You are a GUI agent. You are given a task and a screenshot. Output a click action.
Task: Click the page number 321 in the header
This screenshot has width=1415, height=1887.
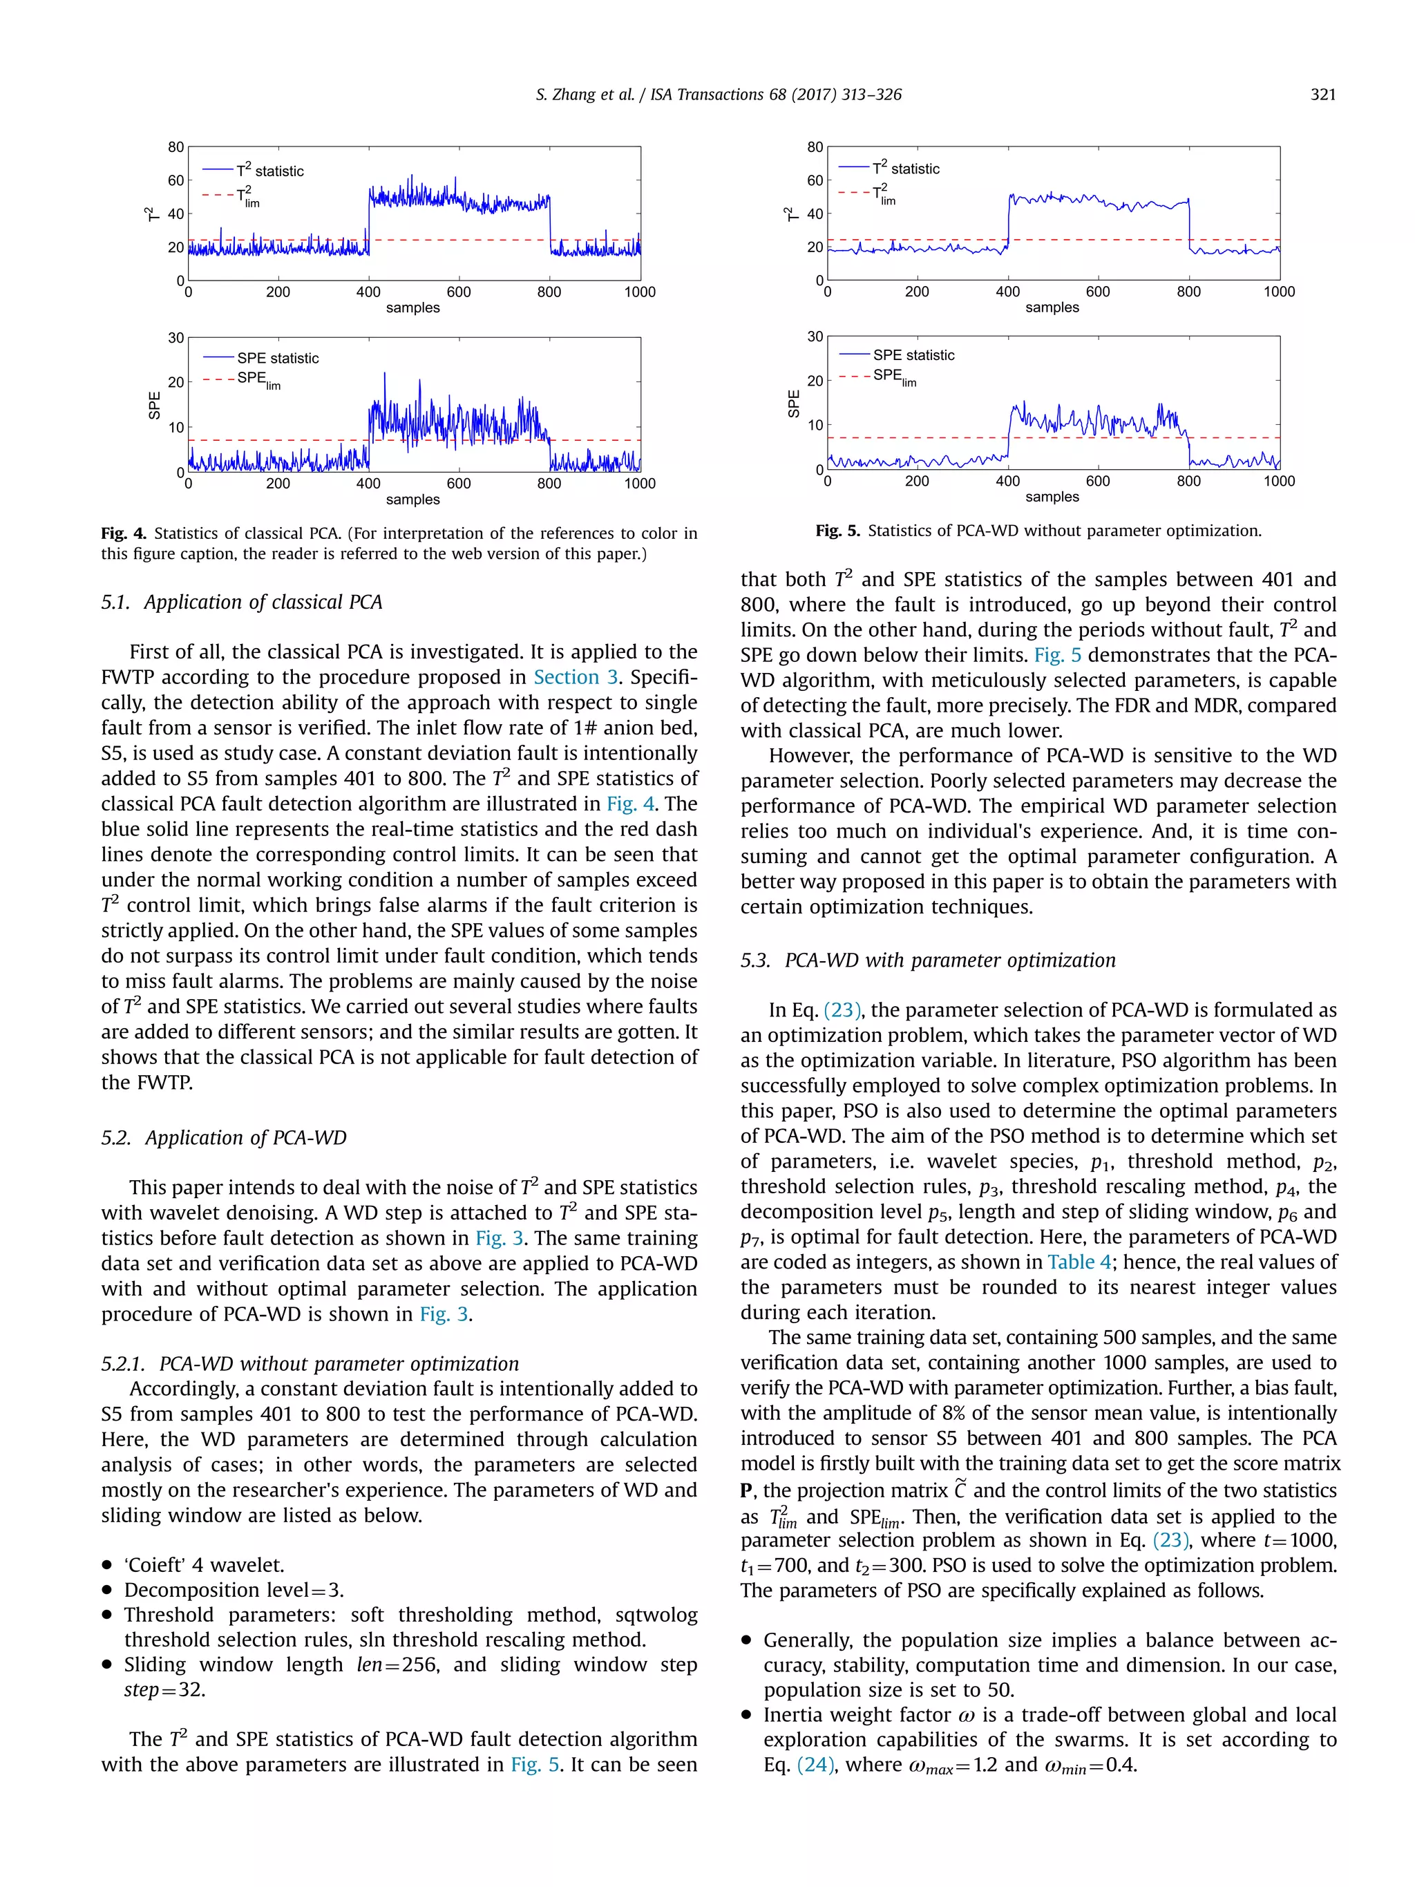pyautogui.click(x=1322, y=95)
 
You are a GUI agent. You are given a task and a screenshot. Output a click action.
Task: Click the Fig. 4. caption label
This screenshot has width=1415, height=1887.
pyautogui.click(x=124, y=534)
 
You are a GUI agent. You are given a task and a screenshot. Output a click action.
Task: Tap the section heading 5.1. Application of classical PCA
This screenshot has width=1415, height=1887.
pyautogui.click(x=241, y=603)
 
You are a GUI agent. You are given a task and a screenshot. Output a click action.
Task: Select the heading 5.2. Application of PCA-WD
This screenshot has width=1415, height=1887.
pyautogui.click(x=223, y=1138)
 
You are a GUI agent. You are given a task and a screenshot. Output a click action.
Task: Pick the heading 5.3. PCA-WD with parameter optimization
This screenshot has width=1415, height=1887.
pyautogui.click(x=927, y=960)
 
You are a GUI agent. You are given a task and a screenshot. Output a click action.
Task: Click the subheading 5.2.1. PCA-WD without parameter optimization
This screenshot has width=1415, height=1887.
pyautogui.click(x=310, y=1364)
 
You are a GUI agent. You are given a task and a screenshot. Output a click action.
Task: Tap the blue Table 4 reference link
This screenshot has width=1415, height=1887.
pyautogui.click(x=1079, y=1262)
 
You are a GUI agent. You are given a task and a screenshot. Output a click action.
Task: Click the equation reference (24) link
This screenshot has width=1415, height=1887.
pyautogui.click(x=815, y=1765)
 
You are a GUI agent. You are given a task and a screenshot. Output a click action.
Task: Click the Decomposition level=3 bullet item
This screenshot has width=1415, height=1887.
pyautogui.click(x=234, y=1590)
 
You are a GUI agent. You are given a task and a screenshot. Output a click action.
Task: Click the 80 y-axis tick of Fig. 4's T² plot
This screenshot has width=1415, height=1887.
pyautogui.click(x=175, y=146)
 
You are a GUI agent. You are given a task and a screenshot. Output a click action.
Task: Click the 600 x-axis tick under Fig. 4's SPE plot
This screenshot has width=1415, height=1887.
pyautogui.click(x=459, y=484)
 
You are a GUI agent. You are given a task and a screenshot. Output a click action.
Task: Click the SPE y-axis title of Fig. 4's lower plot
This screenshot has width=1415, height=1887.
pyautogui.click(x=154, y=405)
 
